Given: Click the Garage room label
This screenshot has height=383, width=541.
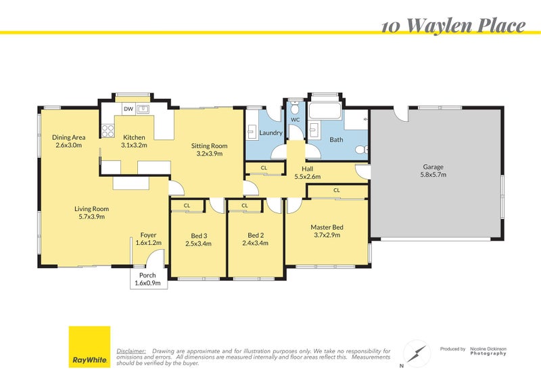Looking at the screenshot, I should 433,166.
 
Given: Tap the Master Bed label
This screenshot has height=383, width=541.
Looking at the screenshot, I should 327,227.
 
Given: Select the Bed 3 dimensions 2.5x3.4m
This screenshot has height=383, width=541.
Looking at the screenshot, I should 198,244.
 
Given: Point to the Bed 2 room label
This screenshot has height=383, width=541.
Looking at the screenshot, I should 255,235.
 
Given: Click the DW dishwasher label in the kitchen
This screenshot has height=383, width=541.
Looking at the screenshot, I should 128,109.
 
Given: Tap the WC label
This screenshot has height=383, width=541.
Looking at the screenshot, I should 295,120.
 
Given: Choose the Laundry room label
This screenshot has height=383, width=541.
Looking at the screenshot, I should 270,133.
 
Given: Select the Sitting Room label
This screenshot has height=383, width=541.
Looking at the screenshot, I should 209,145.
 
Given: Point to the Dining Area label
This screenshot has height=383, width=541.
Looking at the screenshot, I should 68,137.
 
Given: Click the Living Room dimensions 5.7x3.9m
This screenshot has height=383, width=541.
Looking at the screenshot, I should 91,217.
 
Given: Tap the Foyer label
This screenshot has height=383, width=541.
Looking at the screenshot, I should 148,235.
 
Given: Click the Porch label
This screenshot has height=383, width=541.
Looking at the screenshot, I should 147,275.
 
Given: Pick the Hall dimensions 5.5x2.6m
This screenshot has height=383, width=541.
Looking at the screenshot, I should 307,176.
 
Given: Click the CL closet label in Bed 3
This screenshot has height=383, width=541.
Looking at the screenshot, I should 187,205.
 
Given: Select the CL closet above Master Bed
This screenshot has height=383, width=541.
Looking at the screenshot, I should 337,191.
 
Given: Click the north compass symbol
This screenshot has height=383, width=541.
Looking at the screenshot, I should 416,353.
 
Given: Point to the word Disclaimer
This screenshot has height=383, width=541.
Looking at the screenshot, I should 131,351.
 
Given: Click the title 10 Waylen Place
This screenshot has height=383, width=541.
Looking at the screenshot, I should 453,26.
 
